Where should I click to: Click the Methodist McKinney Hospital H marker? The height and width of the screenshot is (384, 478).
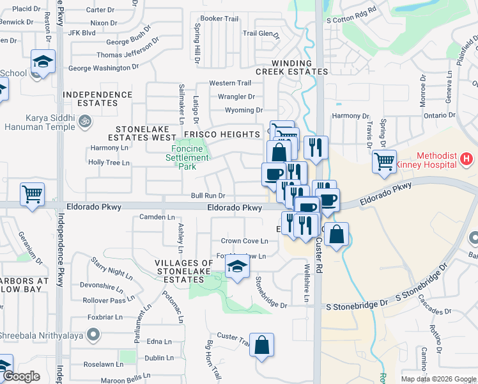click(468, 157)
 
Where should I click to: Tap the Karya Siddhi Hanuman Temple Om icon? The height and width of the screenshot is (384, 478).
click(84, 120)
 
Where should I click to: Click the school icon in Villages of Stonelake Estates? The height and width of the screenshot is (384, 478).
click(237, 268)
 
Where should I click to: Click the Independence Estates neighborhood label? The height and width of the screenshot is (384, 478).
click(98, 99)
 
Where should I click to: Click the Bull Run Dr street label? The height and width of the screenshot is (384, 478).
click(208, 195)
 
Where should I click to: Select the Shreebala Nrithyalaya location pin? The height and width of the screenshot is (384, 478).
click(93, 333)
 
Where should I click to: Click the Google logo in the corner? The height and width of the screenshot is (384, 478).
click(21, 377)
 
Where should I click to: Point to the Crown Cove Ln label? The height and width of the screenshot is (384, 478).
click(244, 241)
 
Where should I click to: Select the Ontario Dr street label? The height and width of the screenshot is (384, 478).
click(439, 116)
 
